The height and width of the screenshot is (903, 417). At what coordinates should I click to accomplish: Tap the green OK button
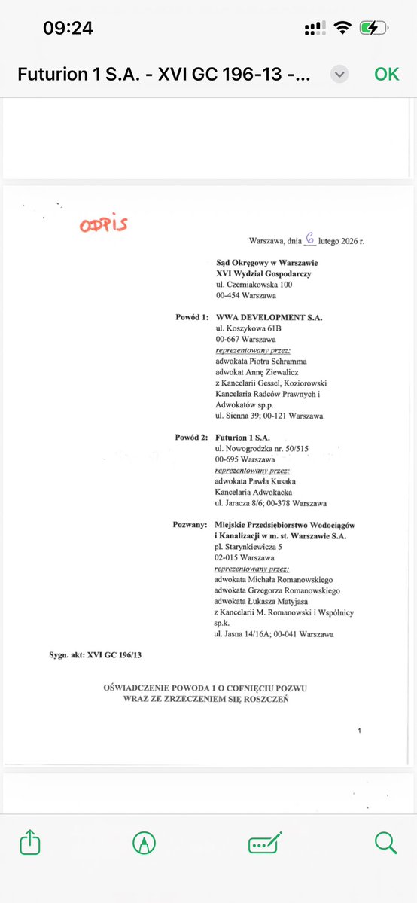pos(386,74)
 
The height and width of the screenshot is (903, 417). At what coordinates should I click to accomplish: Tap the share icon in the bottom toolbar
pos(30,843)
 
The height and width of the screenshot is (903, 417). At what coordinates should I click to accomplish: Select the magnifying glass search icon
pos(385,843)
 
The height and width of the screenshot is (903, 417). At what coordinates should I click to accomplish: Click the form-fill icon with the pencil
pos(265,843)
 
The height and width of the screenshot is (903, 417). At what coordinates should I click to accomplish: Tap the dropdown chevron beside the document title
pos(339,74)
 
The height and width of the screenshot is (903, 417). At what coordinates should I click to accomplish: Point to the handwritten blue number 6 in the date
pos(309,239)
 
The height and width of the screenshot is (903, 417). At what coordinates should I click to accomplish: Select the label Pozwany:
pos(189,524)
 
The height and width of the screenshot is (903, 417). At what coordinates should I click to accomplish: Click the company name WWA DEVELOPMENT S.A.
pos(269,318)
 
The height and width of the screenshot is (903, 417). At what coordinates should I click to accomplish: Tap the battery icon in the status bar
pos(374,28)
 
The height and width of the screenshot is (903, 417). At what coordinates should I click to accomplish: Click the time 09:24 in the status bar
pos(68,29)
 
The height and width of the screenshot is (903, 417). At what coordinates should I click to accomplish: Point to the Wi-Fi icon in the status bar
pos(343,28)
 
